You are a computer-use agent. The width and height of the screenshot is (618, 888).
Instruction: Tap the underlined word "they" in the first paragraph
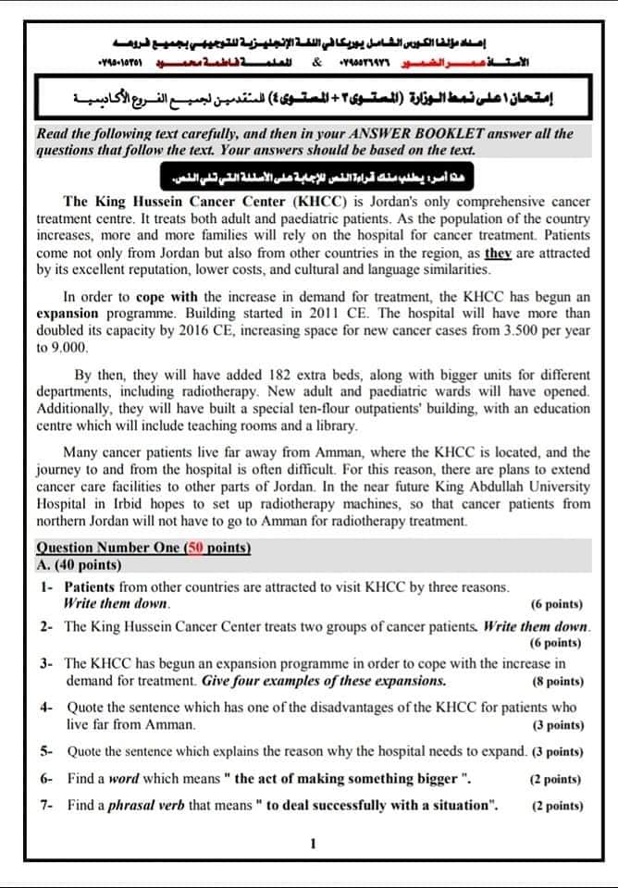click(500, 253)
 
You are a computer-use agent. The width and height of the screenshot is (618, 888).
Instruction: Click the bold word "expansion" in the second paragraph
click(67, 314)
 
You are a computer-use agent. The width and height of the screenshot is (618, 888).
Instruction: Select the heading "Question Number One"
click(108, 548)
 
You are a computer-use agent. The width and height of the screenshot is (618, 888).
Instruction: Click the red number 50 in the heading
click(196, 548)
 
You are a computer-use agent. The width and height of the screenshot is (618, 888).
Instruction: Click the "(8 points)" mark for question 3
click(557, 682)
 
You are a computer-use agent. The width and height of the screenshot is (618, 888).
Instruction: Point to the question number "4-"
click(46, 708)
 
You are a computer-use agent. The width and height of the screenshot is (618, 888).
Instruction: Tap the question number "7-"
click(46, 805)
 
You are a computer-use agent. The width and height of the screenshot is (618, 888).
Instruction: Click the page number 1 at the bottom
click(314, 843)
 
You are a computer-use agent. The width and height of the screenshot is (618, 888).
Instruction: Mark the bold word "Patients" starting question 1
click(91, 587)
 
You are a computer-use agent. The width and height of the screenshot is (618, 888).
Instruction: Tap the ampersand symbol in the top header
click(316, 63)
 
